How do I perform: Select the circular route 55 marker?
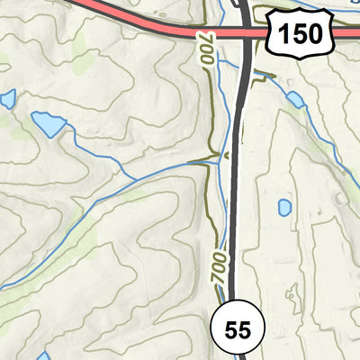pos(238,329)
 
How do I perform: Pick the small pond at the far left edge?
pos(7,99)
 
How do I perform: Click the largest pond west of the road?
pos(47,123)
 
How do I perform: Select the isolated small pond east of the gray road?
pos(284,207)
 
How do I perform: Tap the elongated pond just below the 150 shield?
pos(294,99)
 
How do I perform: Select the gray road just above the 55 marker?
pos(230,270)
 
